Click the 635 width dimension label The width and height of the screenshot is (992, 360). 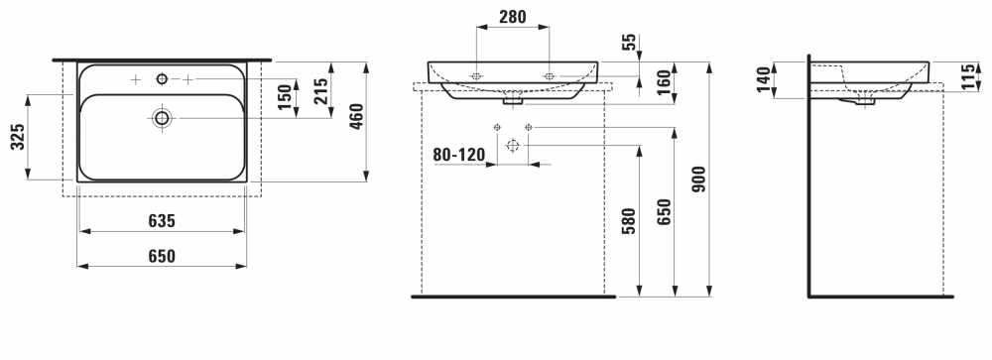click(162, 221)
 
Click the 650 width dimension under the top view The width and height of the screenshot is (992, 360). click(162, 256)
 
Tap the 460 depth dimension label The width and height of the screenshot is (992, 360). click(356, 116)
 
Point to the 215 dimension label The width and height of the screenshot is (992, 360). click(320, 91)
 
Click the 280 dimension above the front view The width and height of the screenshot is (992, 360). click(513, 17)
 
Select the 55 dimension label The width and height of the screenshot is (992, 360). click(628, 43)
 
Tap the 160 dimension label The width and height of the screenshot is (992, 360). click(664, 83)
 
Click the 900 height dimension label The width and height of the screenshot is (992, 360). click(699, 180)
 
